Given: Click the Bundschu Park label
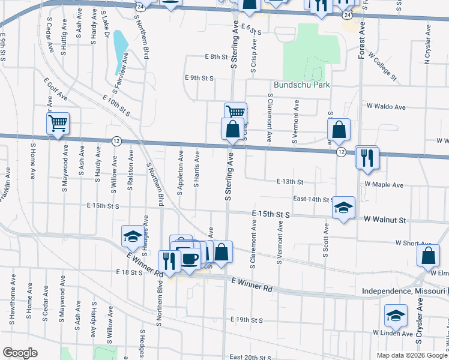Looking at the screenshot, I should tap(302, 85).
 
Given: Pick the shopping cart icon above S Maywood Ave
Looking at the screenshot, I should tap(58, 124).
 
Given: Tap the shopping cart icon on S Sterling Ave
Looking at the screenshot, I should tap(236, 112).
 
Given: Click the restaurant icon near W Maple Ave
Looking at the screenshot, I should tap(367, 158).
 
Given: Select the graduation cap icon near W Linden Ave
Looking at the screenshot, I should tap(396, 315).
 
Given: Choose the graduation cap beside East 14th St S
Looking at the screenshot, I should tap(344, 207).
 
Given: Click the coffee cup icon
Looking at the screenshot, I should tap(190, 259).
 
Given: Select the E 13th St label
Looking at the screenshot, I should tap(291, 181).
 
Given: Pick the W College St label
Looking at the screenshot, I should tap(382, 66).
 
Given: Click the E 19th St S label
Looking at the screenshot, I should tap(246, 320).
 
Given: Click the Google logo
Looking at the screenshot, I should tap(20, 353).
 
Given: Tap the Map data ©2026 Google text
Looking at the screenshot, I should tap(411, 355).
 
